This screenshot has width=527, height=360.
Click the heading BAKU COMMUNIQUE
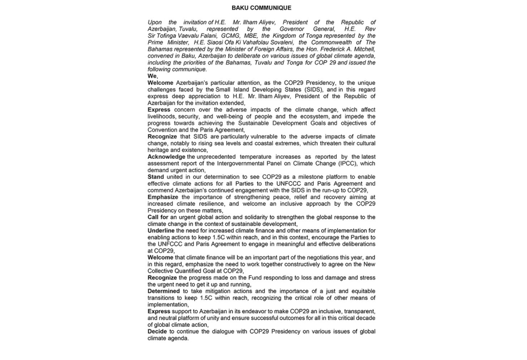[x=261, y=8]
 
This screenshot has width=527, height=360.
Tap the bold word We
[x=152, y=76]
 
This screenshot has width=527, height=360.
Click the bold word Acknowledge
[x=166, y=157]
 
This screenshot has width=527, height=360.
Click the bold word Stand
[x=156, y=177]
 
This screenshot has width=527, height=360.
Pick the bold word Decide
[x=158, y=331]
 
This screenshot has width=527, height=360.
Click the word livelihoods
[x=163, y=116]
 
